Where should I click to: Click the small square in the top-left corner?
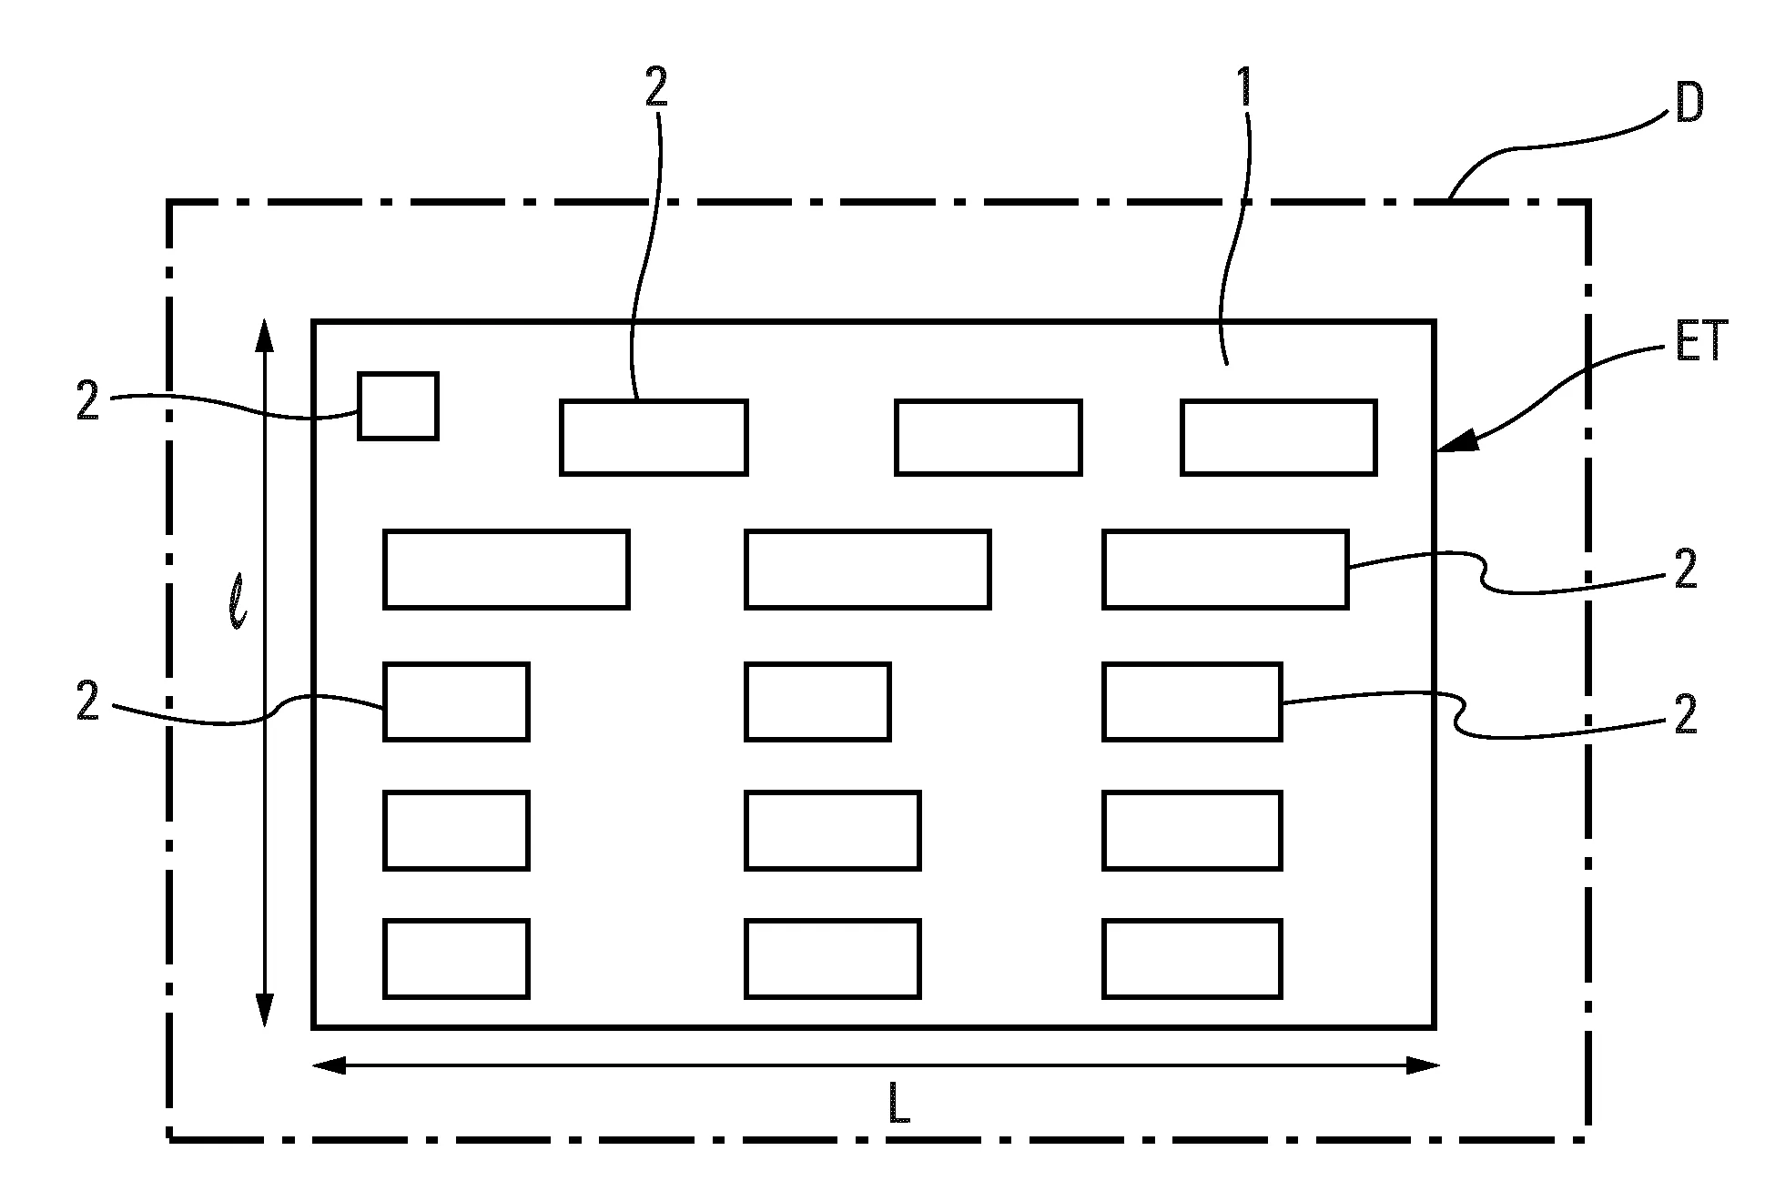[398, 406]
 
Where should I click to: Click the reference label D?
[1689, 106]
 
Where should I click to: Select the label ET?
[1700, 344]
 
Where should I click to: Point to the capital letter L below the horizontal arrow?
[898, 1105]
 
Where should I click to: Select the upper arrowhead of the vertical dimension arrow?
[264, 335]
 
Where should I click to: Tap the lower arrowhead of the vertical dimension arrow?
[264, 1010]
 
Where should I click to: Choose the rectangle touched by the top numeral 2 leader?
[654, 437]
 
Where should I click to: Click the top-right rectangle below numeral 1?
[1278, 437]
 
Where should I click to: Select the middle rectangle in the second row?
[867, 569]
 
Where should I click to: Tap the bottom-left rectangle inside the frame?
[456, 958]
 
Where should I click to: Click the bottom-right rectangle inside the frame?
[1192, 958]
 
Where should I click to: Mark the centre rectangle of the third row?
[817, 701]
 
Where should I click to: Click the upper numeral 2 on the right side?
[1686, 571]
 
